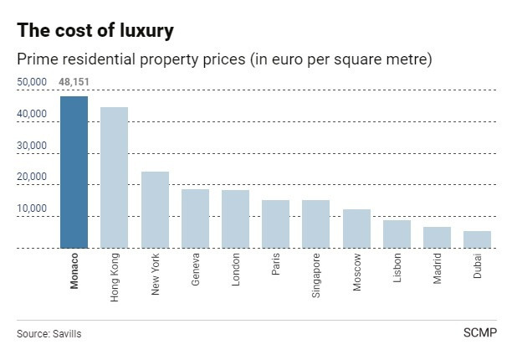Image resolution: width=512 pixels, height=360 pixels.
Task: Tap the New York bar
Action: coord(155,210)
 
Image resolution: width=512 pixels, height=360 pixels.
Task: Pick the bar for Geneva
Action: coord(195,219)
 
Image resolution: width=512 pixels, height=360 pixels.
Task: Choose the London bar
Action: coord(235,219)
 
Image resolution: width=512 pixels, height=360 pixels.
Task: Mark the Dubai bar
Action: coord(478,239)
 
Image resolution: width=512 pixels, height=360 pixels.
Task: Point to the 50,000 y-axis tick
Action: coord(32,82)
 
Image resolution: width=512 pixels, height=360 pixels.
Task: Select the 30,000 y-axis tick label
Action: coord(32,145)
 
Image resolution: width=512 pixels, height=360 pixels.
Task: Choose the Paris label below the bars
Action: coord(276,265)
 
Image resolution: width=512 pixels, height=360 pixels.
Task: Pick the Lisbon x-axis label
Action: coord(397,267)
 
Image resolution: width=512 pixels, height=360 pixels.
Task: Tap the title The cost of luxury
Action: coord(95,31)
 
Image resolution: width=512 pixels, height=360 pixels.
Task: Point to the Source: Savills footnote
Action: coord(49,334)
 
